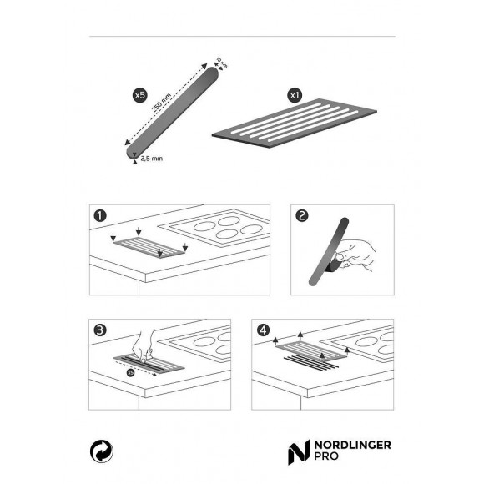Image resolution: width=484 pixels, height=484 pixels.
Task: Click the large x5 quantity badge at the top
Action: tap(140, 97)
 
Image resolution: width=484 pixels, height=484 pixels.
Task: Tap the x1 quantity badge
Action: tap(294, 96)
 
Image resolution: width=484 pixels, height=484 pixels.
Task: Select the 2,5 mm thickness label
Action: tap(151, 158)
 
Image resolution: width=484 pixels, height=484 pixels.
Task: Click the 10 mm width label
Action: tap(220, 63)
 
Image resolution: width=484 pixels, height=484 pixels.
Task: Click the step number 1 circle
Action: tap(101, 216)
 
